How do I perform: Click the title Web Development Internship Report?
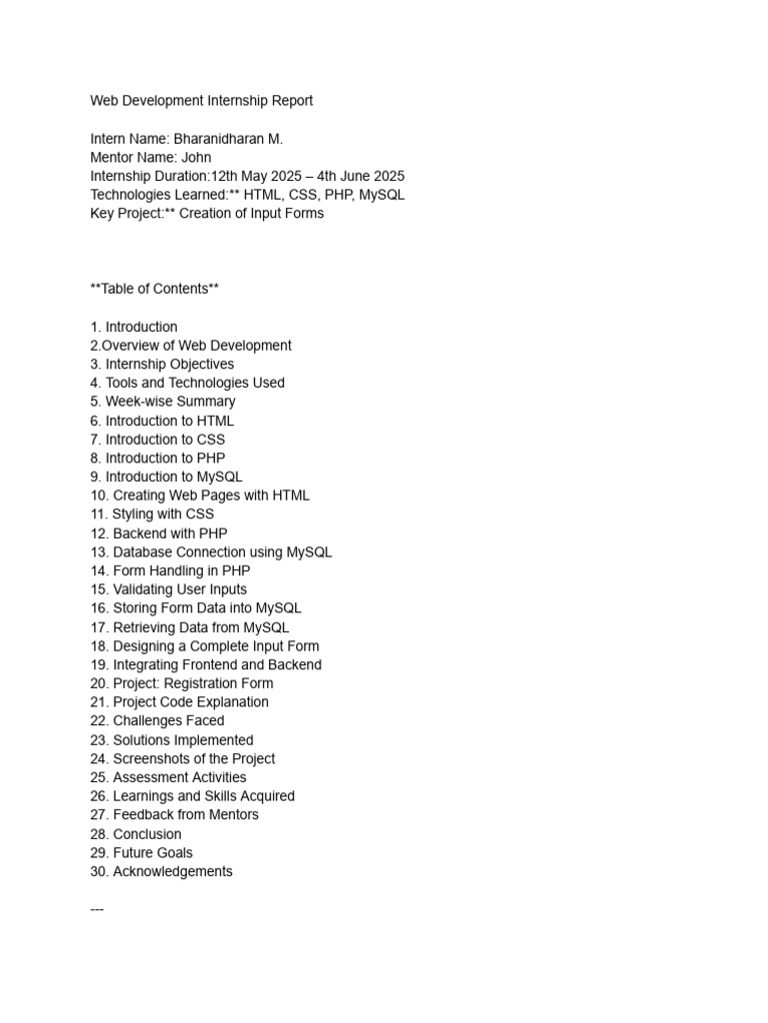(x=201, y=101)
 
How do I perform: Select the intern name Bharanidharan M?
(x=228, y=139)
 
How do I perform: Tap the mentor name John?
(x=196, y=158)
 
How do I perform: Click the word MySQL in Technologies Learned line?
(x=382, y=195)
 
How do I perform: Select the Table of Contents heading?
(x=154, y=289)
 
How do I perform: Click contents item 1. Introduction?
(x=134, y=327)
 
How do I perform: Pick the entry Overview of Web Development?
(x=196, y=346)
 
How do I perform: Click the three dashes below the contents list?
(x=97, y=909)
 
